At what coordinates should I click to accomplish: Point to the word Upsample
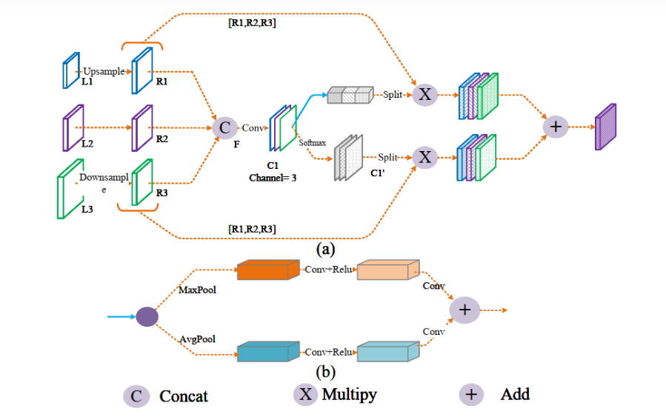104,71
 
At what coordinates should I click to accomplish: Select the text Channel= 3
273,179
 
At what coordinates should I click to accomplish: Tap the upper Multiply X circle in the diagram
424,94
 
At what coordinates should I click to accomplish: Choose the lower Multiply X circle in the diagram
424,157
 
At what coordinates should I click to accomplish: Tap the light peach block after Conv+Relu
387,270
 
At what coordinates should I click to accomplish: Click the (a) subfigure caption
325,250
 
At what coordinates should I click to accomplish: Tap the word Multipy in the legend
349,394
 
